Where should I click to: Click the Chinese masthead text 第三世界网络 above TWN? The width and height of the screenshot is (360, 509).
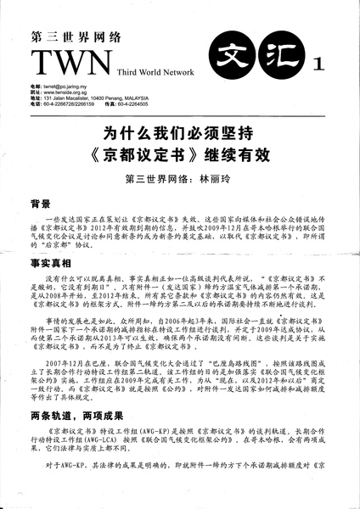click(75, 36)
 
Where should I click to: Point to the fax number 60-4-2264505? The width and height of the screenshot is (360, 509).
click(178, 104)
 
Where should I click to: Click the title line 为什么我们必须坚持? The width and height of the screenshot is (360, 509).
click(180, 134)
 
